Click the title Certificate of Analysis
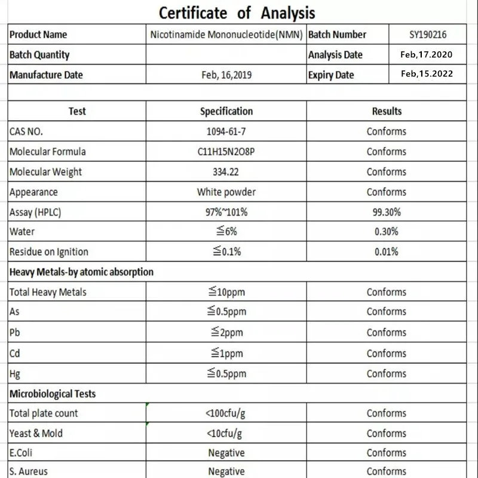point(237,13)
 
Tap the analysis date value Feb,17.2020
point(427,54)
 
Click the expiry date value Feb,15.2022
point(427,74)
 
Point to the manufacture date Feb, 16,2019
point(226,75)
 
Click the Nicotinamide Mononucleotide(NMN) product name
point(226,35)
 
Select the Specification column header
point(226,111)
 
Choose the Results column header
point(387,111)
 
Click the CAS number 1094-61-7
point(226,131)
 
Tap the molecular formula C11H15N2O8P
point(226,152)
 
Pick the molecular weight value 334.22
point(226,172)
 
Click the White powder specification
point(226,192)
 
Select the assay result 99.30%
point(387,212)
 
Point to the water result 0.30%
point(387,232)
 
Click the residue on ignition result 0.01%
point(387,252)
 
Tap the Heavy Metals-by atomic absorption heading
point(81,272)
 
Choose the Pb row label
point(15,332)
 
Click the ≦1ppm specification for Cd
point(226,353)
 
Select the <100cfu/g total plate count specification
point(226,413)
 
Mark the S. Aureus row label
point(28,471)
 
